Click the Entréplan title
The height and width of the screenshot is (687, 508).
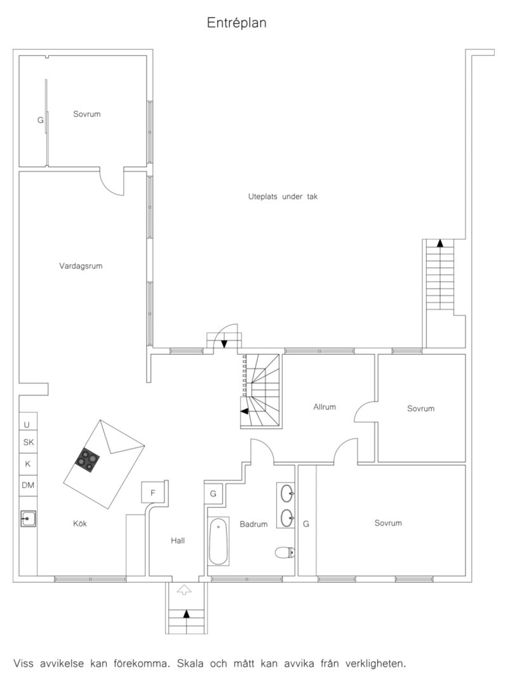tap(237, 23)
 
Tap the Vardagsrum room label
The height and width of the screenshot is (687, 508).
tap(81, 266)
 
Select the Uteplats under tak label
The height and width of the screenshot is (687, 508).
tap(283, 197)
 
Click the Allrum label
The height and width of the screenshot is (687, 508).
tap(324, 407)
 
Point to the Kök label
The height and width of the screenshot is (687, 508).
tap(80, 524)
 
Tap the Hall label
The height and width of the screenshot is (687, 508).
tap(178, 540)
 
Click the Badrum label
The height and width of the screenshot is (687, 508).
tap(254, 524)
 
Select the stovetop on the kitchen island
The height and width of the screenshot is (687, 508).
tap(87, 460)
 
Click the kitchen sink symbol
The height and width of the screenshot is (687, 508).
tap(28, 518)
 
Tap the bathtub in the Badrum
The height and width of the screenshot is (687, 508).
tap(218, 541)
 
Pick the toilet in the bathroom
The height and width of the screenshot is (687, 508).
tap(285, 552)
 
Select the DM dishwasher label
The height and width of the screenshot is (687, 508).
tap(28, 485)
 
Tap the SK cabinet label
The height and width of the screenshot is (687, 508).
tap(28, 442)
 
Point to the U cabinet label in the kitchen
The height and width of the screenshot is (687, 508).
tap(27, 425)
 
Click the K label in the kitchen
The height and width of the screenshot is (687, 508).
tap(28, 464)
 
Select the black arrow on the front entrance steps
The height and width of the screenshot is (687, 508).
tap(186, 614)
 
